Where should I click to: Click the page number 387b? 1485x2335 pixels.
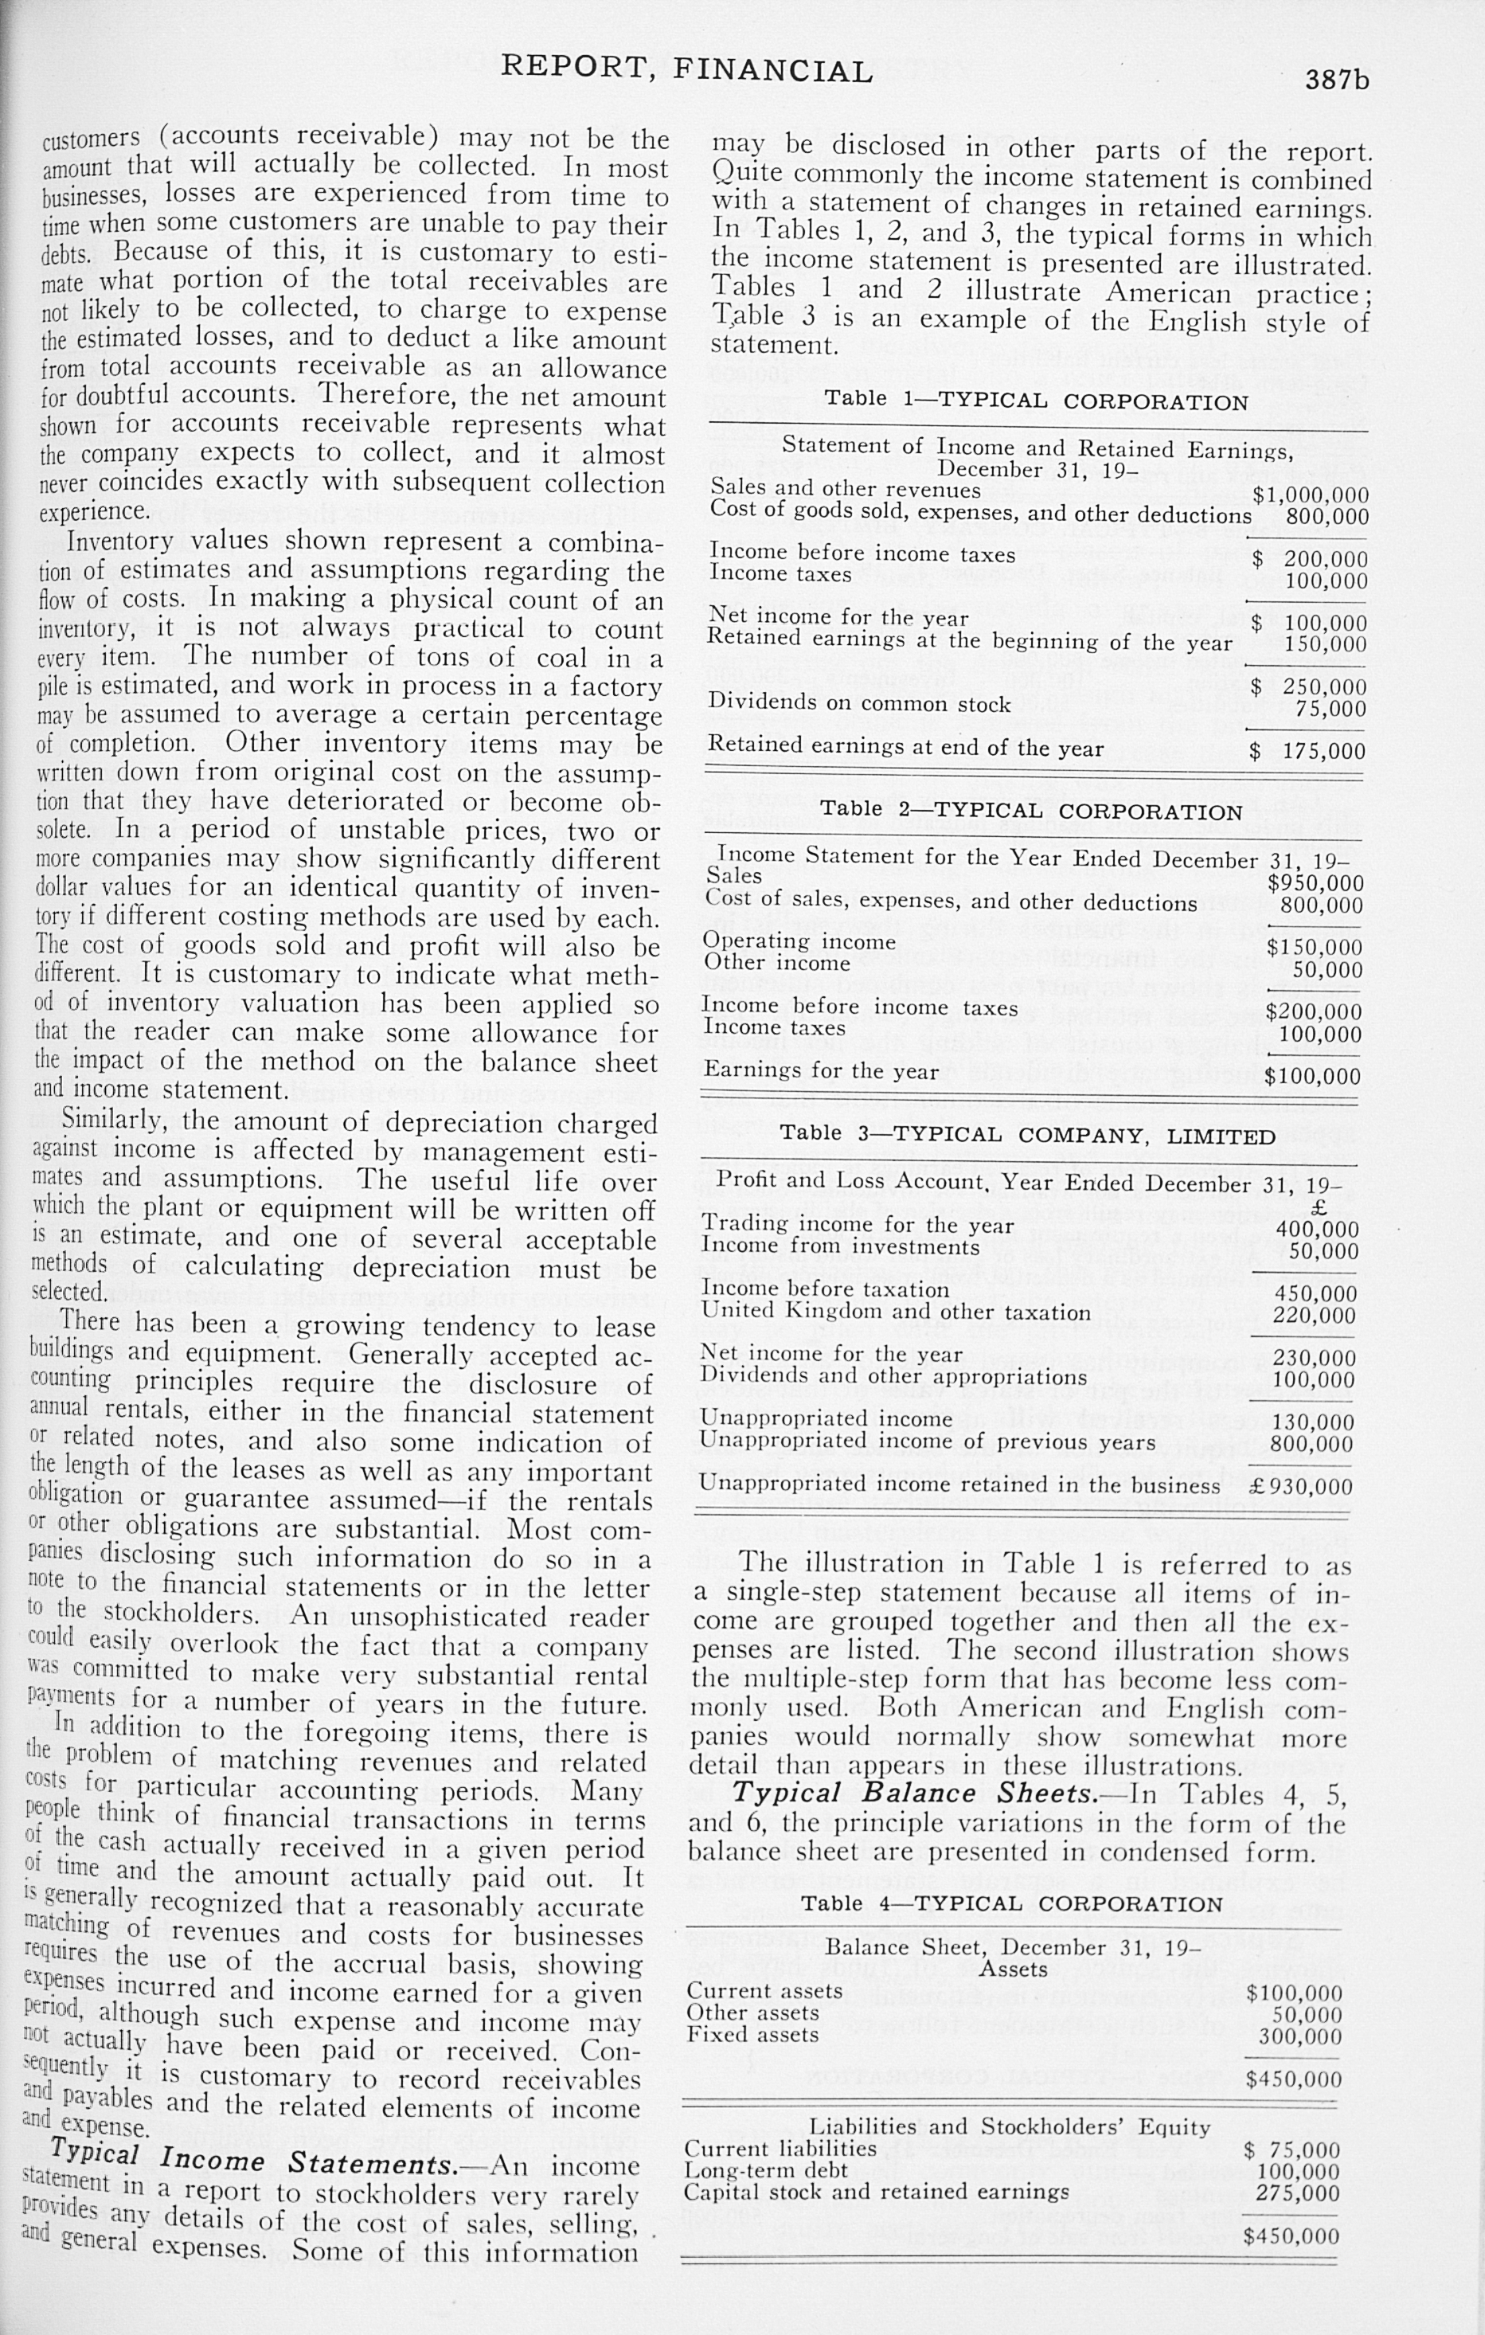pos(1337,80)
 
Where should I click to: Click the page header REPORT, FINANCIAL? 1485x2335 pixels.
pos(686,70)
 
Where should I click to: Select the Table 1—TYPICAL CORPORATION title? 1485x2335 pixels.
pos(1036,401)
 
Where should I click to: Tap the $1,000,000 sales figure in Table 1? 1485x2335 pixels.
pos(1310,495)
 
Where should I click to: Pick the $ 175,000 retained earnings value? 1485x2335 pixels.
pos(1308,752)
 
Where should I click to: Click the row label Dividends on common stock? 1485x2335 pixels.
pos(859,703)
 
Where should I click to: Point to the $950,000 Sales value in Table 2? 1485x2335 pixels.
pos(1315,883)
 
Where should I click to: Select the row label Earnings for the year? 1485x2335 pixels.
pos(821,1070)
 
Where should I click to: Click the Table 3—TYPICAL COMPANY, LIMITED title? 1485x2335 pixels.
pos(1027,1135)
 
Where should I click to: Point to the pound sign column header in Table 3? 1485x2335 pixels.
pos(1316,1208)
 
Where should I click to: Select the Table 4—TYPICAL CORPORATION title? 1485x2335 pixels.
pos(1012,1903)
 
